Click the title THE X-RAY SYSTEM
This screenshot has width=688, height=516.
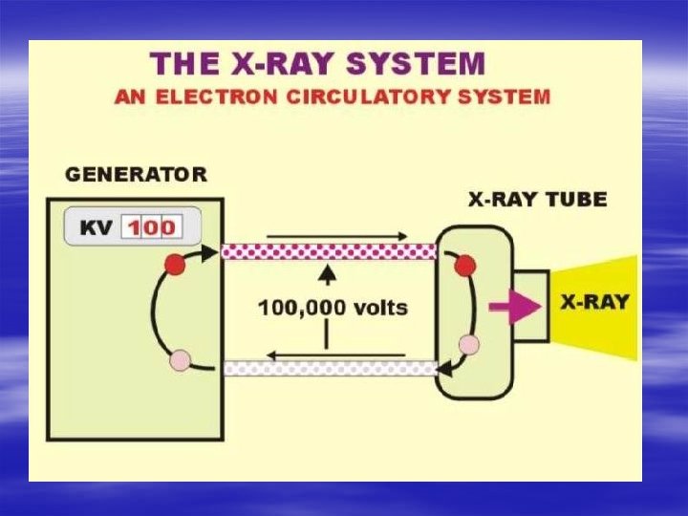pos(318,64)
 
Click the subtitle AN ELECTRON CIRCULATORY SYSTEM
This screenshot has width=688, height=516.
pos(332,96)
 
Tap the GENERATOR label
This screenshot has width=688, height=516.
pos(135,174)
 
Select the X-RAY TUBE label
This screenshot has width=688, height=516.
pos(537,201)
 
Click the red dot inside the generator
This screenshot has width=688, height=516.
pos(174,263)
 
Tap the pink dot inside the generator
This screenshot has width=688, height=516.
pos(180,360)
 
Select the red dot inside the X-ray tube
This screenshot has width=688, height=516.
pos(466,264)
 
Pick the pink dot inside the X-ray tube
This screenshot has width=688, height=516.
pos(468,344)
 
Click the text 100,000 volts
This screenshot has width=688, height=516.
pos(333,308)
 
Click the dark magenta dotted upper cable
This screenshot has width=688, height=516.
pos(329,251)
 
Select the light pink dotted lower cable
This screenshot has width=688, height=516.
pos(329,368)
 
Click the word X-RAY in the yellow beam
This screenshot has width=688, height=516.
pos(594,303)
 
